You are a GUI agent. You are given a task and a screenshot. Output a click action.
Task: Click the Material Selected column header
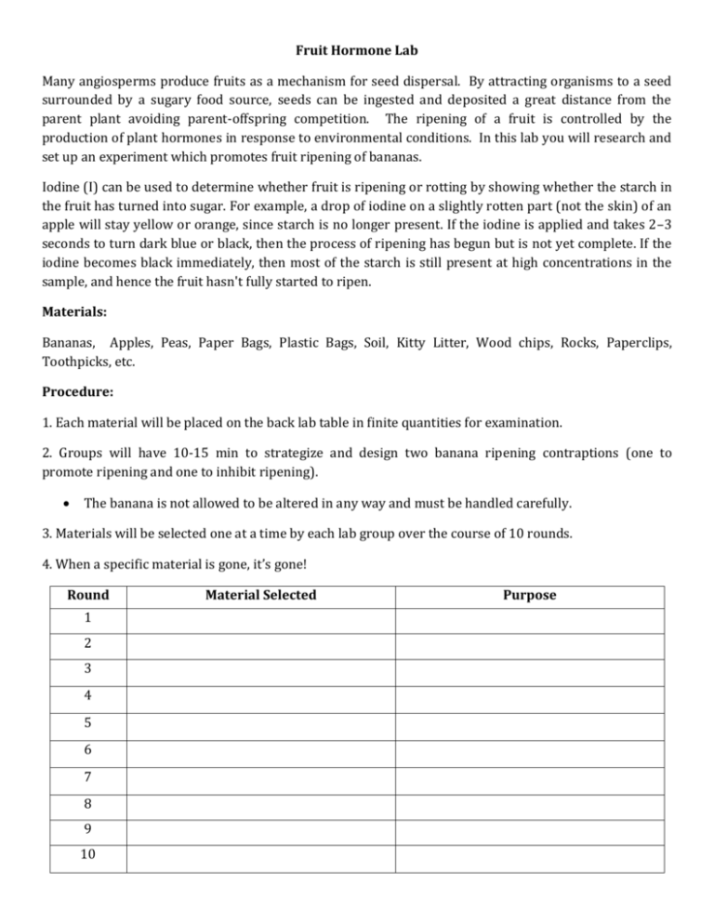(261, 595)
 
